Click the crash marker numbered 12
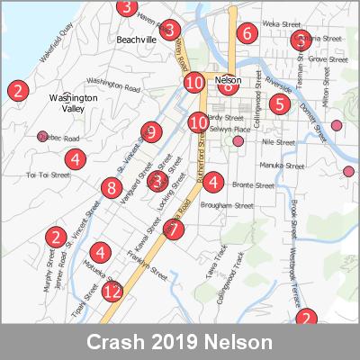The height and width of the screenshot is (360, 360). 112,292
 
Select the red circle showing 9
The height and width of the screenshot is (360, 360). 150,132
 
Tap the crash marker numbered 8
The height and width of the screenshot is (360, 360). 112,188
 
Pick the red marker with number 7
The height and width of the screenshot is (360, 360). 174,229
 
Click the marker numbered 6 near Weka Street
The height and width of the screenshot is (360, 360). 246,34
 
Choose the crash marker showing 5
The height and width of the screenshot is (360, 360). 279,104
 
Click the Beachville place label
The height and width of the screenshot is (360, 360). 137,40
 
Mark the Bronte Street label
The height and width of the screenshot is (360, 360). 253,185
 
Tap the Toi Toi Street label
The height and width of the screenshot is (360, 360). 48,175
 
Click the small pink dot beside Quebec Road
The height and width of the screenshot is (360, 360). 41,137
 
